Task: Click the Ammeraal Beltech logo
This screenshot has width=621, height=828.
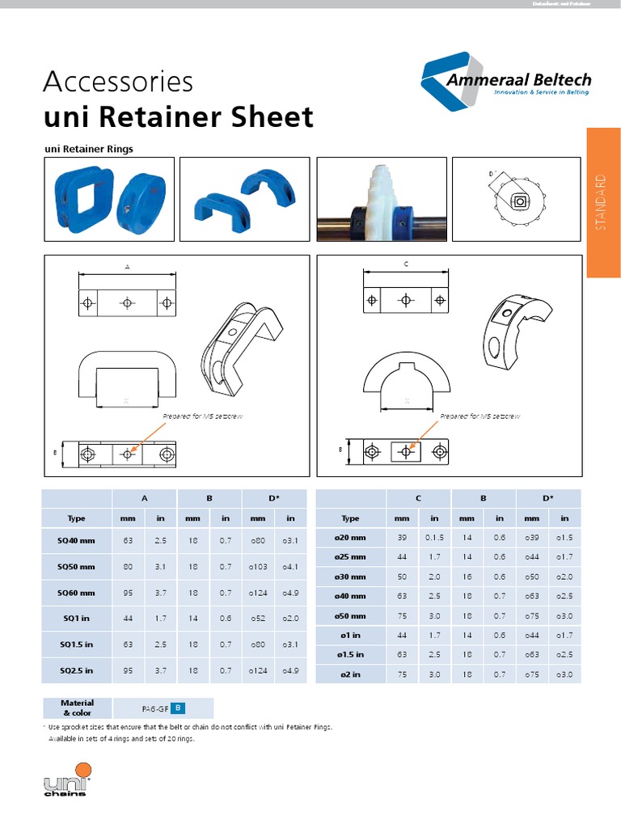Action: click(x=506, y=83)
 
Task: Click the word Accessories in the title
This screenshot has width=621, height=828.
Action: click(x=118, y=82)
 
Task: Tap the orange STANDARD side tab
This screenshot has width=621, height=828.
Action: click(x=603, y=202)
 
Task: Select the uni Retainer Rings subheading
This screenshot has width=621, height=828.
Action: click(x=87, y=149)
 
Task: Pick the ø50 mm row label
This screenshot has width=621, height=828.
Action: click(x=350, y=615)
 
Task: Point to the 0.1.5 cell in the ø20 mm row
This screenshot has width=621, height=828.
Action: click(x=434, y=537)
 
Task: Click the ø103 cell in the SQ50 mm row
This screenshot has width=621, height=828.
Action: click(x=257, y=567)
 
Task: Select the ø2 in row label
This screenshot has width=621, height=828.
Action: click(x=350, y=674)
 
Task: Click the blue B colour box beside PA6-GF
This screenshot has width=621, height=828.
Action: click(x=179, y=708)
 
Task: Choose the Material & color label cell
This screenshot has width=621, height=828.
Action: click(x=77, y=708)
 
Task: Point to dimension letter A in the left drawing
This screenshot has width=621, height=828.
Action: click(x=127, y=266)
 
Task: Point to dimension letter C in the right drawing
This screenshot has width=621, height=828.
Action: click(x=406, y=264)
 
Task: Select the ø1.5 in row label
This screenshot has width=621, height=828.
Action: click(x=350, y=654)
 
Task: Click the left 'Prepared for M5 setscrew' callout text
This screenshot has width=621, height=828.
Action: click(x=197, y=416)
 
